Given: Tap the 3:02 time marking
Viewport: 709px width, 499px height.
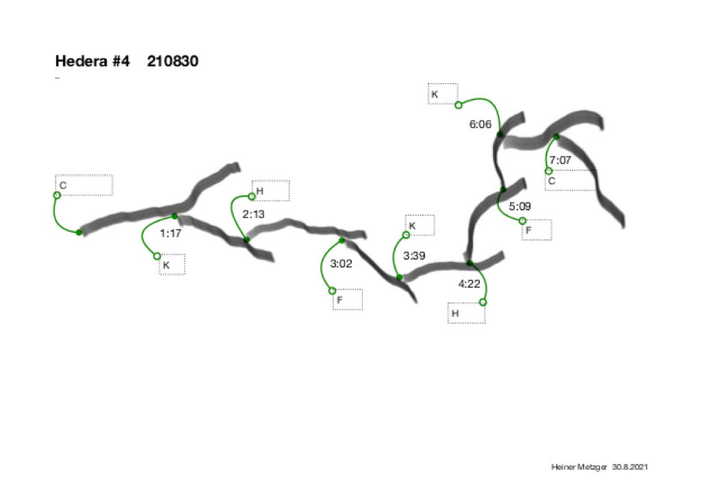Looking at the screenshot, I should pos(341,263).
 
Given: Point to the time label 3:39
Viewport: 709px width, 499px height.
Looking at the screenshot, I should pos(414,256).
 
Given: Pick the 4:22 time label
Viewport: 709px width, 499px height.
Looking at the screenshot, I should pos(469,284).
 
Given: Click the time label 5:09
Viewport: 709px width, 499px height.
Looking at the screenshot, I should pos(520,206).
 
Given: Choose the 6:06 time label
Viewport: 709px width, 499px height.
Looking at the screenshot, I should pos(480,125).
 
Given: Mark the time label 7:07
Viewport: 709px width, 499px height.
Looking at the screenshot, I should pos(560,160).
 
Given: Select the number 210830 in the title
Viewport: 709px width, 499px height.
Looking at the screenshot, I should pos(173,61).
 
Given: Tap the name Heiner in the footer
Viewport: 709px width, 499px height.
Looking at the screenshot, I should pos(563,467).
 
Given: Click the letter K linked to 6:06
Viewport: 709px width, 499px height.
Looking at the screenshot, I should pos(435,94).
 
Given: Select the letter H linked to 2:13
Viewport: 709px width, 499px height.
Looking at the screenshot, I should pos(260,191).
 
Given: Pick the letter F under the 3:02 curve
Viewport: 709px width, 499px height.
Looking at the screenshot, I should pos(339,300).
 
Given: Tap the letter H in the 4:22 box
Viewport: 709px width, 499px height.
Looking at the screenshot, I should pos(455,313).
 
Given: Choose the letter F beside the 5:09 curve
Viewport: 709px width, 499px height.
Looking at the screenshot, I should pos(528,230).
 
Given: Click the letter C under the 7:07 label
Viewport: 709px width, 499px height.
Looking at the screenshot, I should pos(551,181).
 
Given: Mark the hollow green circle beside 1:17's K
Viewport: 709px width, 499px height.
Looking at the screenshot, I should pos(157,256).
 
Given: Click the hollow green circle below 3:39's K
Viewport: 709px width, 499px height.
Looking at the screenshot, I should pos(406,235).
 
